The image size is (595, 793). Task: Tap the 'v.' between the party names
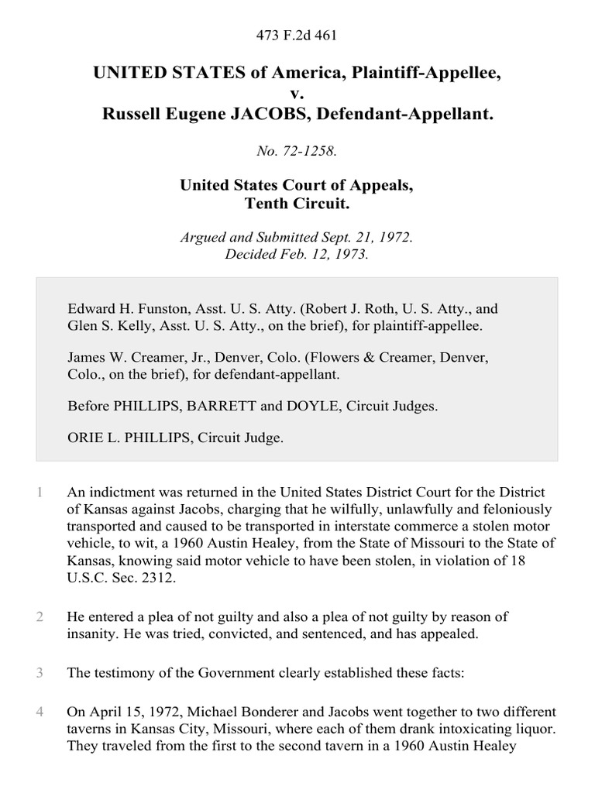[x=297, y=94]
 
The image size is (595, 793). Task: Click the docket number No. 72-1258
[x=297, y=152]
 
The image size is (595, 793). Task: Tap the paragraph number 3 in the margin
[x=40, y=673]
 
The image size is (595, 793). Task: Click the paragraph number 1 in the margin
[x=40, y=492]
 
